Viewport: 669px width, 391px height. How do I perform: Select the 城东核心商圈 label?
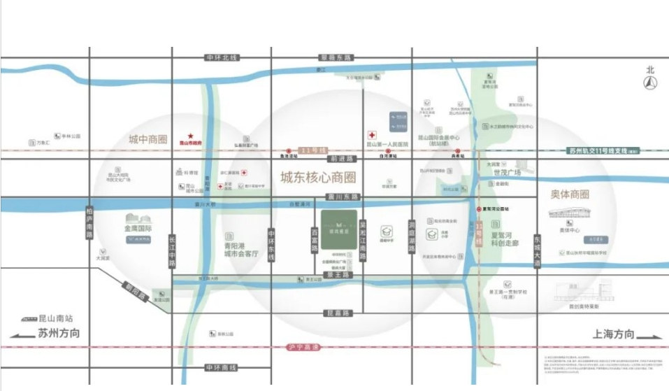(x=317, y=178)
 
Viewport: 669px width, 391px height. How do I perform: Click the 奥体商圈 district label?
(x=570, y=194)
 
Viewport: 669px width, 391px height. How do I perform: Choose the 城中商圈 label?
(x=148, y=140)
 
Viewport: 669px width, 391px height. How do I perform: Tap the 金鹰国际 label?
(x=139, y=229)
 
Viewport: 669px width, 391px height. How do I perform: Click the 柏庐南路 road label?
(x=89, y=223)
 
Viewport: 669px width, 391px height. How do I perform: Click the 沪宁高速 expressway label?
(x=303, y=347)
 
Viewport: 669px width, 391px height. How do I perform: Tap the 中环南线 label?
(x=222, y=368)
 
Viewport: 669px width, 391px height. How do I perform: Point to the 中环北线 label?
(x=222, y=57)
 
